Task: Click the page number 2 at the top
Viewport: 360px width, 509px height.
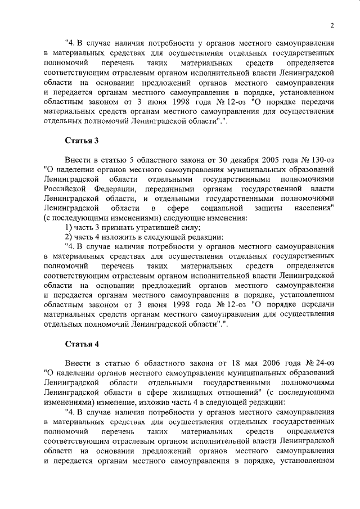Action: click(x=332, y=25)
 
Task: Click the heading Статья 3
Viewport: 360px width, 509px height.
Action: click(x=79, y=141)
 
